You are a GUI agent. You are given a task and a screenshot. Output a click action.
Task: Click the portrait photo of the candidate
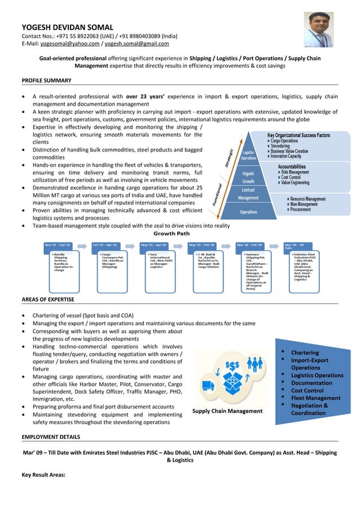coord(319,29)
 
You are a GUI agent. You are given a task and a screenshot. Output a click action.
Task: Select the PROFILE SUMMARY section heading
coord(46,80)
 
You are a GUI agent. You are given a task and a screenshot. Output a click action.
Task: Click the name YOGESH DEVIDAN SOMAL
coord(67,27)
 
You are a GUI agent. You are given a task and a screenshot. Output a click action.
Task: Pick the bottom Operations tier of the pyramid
coord(248,212)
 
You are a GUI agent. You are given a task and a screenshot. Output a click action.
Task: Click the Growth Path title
coord(172,233)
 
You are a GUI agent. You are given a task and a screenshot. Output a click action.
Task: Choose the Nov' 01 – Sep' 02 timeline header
coord(58,245)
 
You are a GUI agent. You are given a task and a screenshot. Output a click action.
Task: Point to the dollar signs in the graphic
coord(232,365)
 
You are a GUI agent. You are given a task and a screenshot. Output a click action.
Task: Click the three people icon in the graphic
coord(256,364)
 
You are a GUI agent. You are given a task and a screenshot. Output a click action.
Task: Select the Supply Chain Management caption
coord(227,411)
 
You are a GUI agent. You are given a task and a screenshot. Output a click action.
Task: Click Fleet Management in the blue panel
coord(315,398)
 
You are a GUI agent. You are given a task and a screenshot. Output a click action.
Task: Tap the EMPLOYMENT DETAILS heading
coord(51,437)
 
